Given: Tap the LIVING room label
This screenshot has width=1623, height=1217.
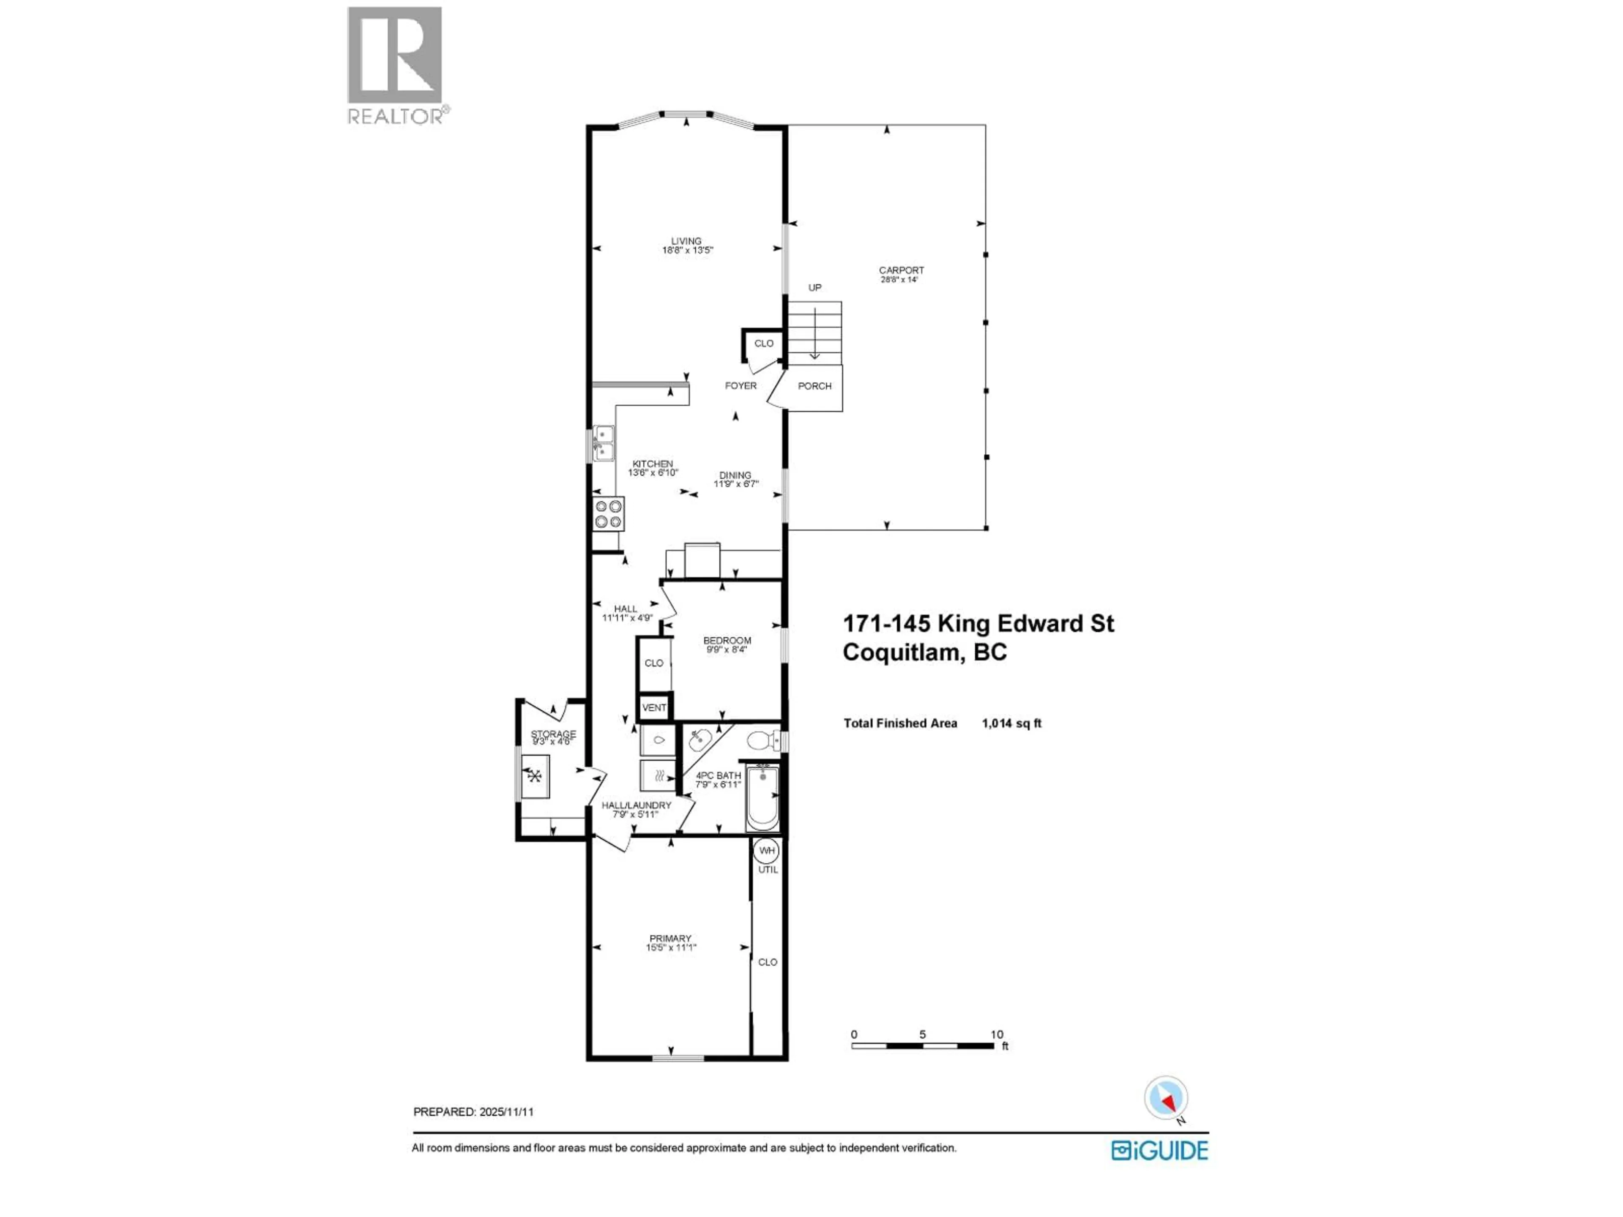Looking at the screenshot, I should click(686, 240).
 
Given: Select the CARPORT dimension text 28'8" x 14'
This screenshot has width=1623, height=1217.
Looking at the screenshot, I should click(899, 279).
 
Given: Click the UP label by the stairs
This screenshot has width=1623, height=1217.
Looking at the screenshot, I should click(814, 288).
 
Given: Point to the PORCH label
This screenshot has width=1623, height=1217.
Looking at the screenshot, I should click(814, 386).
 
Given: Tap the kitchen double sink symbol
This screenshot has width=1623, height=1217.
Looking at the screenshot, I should click(603, 443).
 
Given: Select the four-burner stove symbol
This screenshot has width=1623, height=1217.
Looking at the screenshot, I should click(608, 513).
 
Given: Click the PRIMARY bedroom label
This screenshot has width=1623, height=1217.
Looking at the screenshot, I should click(670, 938).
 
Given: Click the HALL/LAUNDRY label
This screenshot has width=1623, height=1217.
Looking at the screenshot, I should click(636, 805).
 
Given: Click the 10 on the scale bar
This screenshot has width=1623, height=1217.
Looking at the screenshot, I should click(996, 1034).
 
